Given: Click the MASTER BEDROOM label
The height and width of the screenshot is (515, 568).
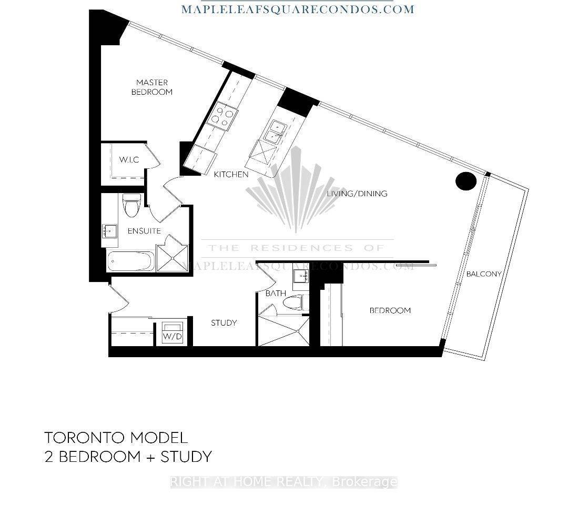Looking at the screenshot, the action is [x=152, y=87].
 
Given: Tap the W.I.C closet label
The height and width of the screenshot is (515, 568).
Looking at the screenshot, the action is [x=129, y=160].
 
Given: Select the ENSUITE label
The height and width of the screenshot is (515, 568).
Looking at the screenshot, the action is [x=144, y=231].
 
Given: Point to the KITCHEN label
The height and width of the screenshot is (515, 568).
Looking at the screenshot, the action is [x=231, y=174].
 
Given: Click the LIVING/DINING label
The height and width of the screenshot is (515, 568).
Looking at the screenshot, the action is [x=357, y=194].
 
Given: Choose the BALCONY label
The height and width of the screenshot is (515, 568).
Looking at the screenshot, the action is [x=484, y=274].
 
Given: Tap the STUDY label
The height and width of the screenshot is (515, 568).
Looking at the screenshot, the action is [x=224, y=322].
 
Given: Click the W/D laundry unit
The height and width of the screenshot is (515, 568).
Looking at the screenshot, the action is [x=173, y=332].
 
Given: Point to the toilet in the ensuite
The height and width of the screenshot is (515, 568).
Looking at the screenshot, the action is [x=131, y=205].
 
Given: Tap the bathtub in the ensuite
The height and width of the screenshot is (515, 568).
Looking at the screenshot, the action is [x=131, y=261].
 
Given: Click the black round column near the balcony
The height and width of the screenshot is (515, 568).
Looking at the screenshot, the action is [x=465, y=181].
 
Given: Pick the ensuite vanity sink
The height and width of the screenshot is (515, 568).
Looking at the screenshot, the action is [x=109, y=231].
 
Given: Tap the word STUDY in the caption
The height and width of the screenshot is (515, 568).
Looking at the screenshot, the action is [x=186, y=456].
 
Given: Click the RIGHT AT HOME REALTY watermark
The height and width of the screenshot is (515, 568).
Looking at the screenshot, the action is [x=283, y=482].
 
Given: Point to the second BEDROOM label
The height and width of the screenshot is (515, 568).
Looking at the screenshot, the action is [x=390, y=310].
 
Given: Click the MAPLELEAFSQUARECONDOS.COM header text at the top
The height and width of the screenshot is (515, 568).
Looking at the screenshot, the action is [x=297, y=9].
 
